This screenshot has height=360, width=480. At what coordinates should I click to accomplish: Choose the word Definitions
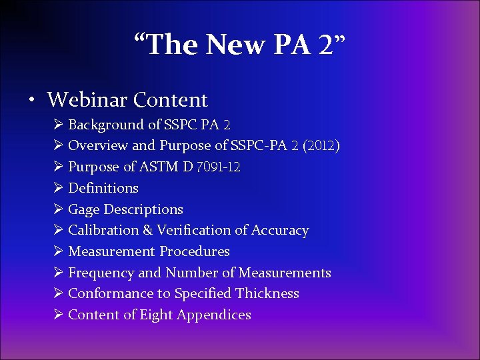pos(103,188)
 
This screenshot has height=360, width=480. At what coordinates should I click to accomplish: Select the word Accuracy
pos(280,231)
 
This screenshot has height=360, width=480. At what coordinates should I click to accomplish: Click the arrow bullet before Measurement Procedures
pos(58,251)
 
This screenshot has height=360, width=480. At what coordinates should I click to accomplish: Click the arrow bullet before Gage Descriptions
pos(58,209)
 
